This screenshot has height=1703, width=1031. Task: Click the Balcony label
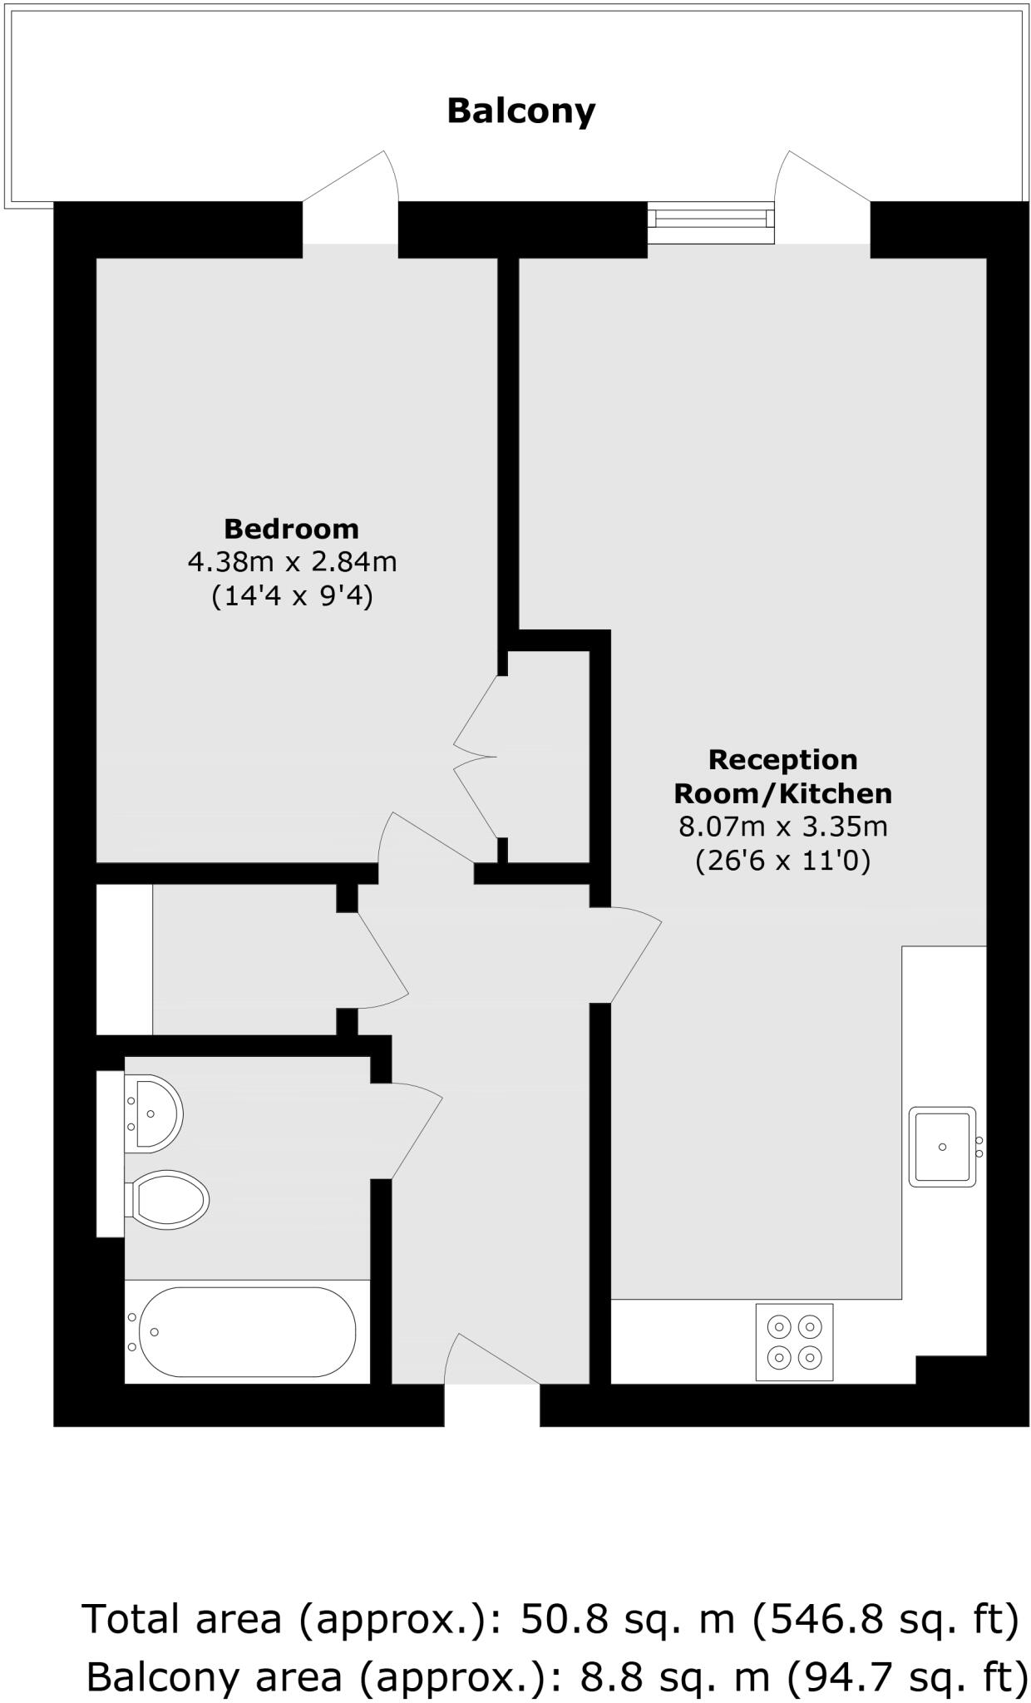point(521,111)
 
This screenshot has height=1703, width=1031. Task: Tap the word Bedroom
point(291,529)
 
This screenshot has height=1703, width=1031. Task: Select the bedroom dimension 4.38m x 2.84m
point(292,563)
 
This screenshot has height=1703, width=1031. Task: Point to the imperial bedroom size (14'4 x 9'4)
point(292,596)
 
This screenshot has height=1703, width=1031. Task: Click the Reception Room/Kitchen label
point(782,777)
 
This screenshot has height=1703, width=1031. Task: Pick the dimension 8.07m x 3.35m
point(782,827)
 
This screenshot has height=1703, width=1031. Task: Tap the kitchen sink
point(942,1147)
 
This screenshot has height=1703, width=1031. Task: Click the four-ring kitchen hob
point(794,1342)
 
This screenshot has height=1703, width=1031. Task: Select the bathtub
point(247,1331)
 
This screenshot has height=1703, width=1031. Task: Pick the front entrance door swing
point(491,1360)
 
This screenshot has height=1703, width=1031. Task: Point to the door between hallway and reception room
point(634,956)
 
